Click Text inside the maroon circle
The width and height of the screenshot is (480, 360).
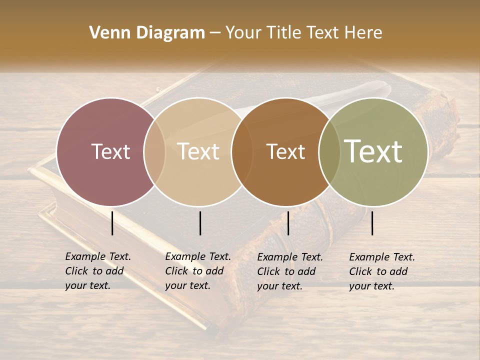[110, 151]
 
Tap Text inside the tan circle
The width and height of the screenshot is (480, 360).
[198, 151]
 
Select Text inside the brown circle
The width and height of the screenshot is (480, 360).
[286, 151]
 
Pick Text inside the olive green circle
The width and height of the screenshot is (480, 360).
[373, 151]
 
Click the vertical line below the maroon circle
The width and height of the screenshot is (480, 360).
[112, 223]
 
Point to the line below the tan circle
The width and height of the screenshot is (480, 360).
[200, 223]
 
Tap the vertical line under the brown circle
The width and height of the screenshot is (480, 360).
[288, 223]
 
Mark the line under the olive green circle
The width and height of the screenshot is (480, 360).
[372, 223]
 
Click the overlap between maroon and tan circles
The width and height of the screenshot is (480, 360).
[154, 152]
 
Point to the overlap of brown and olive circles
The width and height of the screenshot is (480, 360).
[329, 152]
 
